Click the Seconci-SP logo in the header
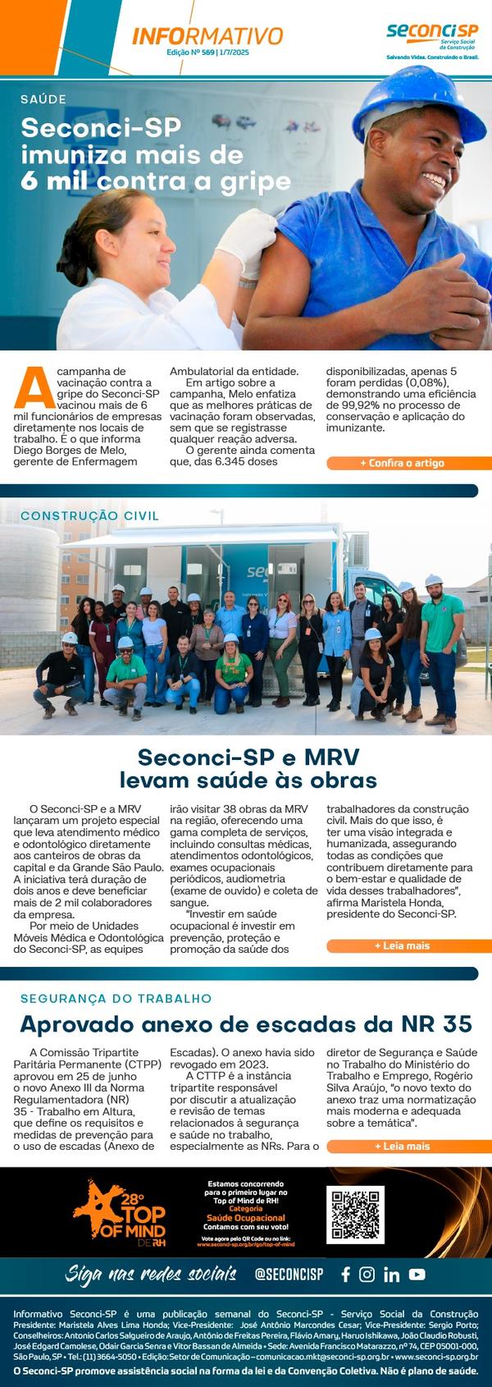pyautogui.click(x=432, y=36)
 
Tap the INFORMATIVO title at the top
pyautogui.click(x=207, y=36)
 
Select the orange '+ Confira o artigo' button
pyautogui.click(x=402, y=463)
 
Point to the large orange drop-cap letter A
pyautogui.click(x=29, y=387)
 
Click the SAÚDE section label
pyautogui.click(x=43, y=99)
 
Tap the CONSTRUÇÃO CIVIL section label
pyautogui.click(x=89, y=516)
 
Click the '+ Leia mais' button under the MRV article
pyautogui.click(x=402, y=945)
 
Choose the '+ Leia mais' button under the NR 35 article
pyautogui.click(x=402, y=1146)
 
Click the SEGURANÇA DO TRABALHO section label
pyautogui.click(x=116, y=999)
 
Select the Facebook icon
pyautogui.click(x=345, y=1275)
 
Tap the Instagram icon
pyautogui.click(x=367, y=1275)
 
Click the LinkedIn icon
pyautogui.click(x=391, y=1275)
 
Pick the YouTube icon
pyautogui.click(x=417, y=1275)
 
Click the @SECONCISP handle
pyautogui.click(x=289, y=1275)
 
